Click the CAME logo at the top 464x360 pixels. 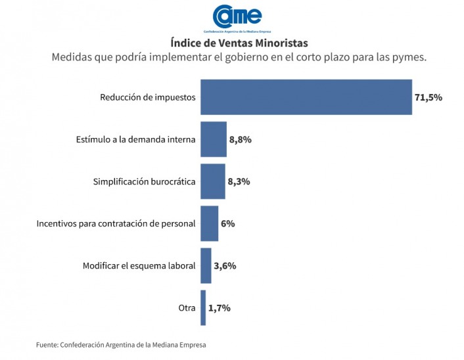coord(238,17)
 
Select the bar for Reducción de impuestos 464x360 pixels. coord(306,97)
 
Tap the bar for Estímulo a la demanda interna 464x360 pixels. coord(213,139)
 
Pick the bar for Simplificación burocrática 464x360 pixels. coord(212,181)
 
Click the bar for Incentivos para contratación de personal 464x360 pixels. coord(209,223)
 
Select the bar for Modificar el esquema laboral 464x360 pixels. coord(206,265)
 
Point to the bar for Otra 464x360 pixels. coord(203,307)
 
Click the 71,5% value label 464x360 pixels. coord(429,97)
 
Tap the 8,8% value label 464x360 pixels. coord(241,139)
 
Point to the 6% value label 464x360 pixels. coord(228,223)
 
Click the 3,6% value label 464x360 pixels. coord(225,265)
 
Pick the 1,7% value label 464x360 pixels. coord(220,307)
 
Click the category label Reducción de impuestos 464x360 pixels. coord(148,97)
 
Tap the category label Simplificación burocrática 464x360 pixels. coord(145,181)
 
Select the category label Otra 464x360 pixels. coord(187,307)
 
